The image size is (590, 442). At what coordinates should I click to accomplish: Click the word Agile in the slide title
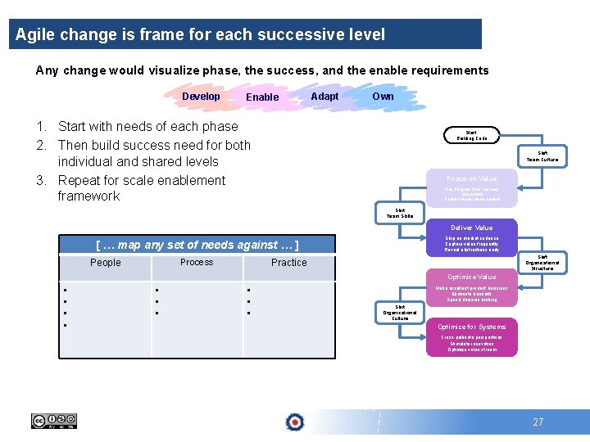(x=34, y=35)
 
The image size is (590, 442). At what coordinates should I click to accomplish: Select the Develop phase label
(x=201, y=97)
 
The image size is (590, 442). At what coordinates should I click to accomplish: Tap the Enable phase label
(x=262, y=97)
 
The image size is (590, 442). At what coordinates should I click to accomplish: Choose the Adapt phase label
(x=324, y=97)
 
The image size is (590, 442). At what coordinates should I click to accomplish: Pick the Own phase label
(x=383, y=97)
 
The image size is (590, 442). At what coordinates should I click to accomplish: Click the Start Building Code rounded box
(x=471, y=135)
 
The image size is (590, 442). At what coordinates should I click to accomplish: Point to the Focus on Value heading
(x=471, y=178)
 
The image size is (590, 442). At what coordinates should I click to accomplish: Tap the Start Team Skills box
(x=400, y=213)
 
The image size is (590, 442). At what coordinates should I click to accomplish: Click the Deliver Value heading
(x=471, y=228)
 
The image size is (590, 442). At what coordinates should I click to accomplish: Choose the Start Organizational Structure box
(x=542, y=262)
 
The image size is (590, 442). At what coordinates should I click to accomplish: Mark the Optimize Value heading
(x=471, y=277)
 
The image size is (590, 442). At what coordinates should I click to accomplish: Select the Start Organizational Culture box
(x=400, y=313)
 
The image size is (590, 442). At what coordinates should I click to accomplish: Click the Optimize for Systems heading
(x=471, y=327)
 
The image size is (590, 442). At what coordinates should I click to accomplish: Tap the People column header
(x=105, y=263)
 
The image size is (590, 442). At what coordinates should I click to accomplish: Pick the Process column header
(x=197, y=262)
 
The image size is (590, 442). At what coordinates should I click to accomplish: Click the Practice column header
(x=288, y=263)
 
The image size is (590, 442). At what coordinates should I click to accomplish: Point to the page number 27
(x=538, y=422)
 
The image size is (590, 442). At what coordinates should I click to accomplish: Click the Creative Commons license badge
(x=54, y=421)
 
